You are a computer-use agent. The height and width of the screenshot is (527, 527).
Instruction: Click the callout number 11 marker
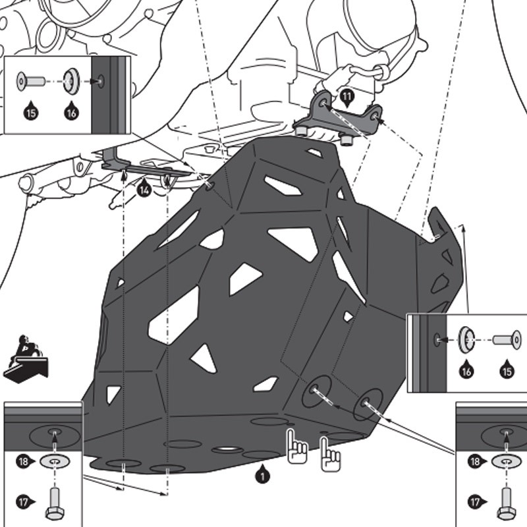tap(347, 98)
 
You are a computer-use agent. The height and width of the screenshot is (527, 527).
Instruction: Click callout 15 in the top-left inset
tap(31, 111)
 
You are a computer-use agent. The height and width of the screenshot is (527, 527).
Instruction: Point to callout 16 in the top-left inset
tap(72, 111)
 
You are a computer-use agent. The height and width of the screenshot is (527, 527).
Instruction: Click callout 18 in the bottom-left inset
tap(24, 462)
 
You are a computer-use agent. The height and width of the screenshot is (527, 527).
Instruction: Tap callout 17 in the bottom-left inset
tap(24, 503)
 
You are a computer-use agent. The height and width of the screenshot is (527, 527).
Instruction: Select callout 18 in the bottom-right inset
tap(476, 462)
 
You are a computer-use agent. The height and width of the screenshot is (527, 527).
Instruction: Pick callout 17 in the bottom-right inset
tap(476, 503)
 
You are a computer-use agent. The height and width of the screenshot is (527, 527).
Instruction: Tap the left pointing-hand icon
tap(297, 447)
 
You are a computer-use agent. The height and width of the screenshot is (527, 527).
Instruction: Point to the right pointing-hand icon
tap(330, 455)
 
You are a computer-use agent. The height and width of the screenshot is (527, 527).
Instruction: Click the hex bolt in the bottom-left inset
tap(55, 503)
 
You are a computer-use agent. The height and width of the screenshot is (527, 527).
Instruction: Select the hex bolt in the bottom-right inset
tap(507, 503)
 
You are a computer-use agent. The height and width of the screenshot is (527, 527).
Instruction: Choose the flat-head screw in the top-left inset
tap(31, 81)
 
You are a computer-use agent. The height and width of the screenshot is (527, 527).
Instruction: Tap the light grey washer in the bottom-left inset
tap(55, 462)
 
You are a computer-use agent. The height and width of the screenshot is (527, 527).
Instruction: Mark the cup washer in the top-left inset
tap(72, 81)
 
